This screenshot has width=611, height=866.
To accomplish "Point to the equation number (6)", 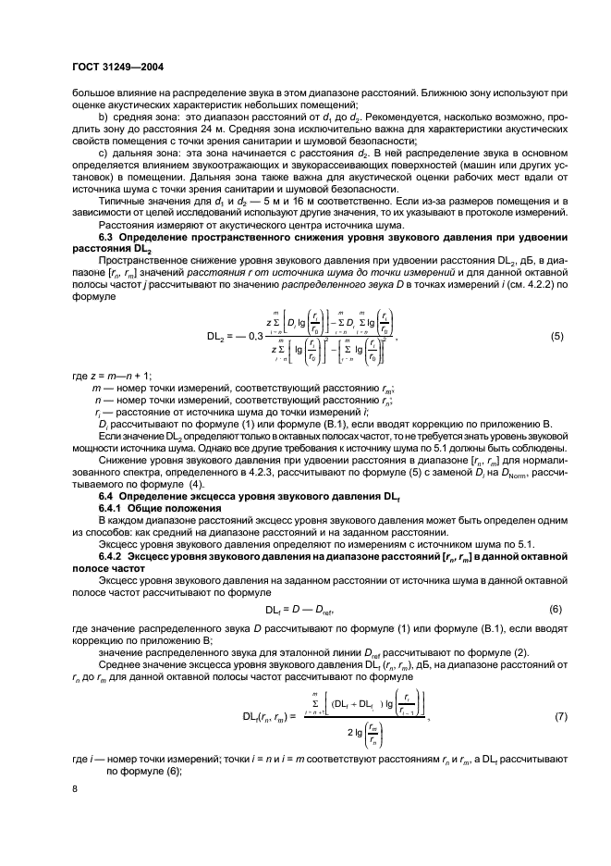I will click(556, 608).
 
